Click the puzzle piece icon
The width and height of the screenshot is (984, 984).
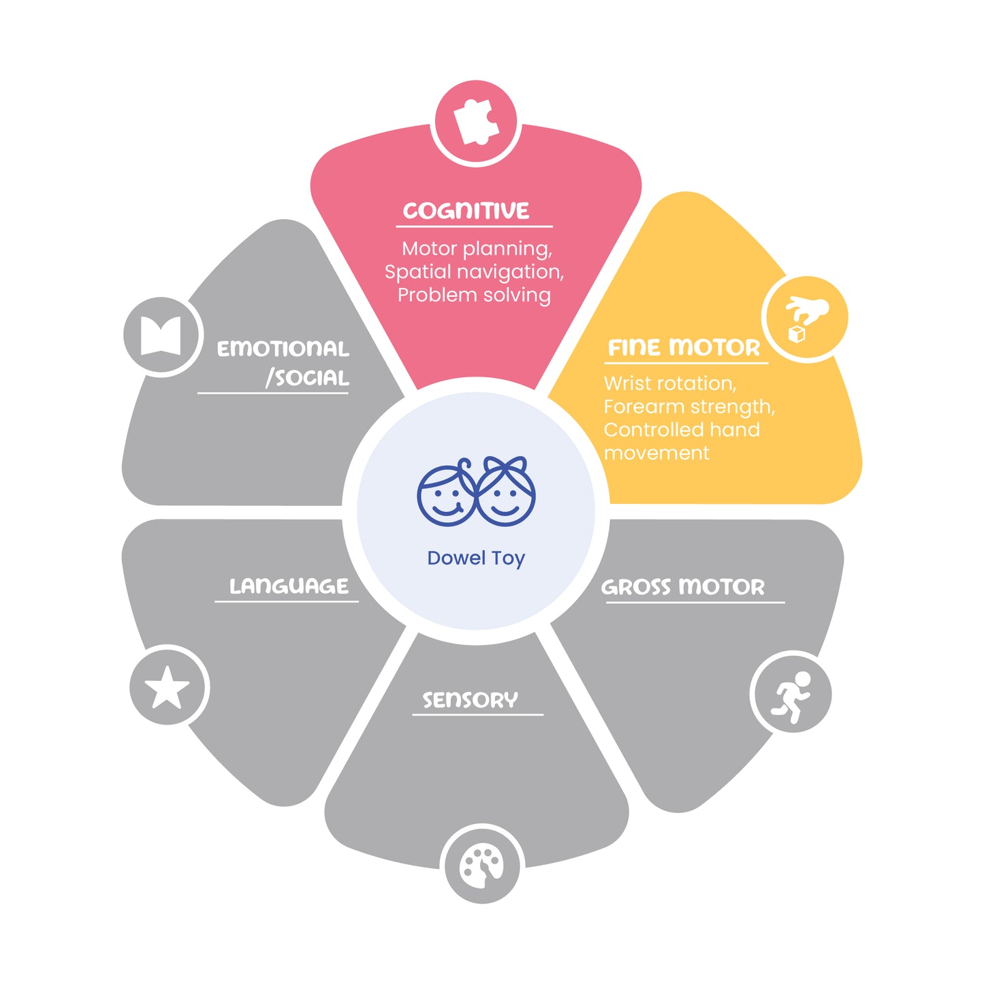475,121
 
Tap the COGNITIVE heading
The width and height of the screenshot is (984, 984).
466,210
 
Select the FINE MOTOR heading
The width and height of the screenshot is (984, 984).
684,347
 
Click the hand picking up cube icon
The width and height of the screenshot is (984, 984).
806,319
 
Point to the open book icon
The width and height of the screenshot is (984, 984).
161,336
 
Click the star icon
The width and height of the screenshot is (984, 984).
167,687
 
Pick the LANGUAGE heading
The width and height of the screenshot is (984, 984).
289,586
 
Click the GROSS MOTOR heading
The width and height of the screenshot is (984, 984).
683,587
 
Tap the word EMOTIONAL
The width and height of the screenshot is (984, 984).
283,349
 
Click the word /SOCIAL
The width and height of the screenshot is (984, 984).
307,378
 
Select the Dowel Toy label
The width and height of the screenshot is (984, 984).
476,558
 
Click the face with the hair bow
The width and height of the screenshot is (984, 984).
505,491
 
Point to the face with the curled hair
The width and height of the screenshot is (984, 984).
447,492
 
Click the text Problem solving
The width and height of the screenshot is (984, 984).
474,295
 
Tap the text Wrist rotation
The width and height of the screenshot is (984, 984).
669,383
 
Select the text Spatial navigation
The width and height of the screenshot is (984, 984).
474,272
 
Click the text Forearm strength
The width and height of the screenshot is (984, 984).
689,407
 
